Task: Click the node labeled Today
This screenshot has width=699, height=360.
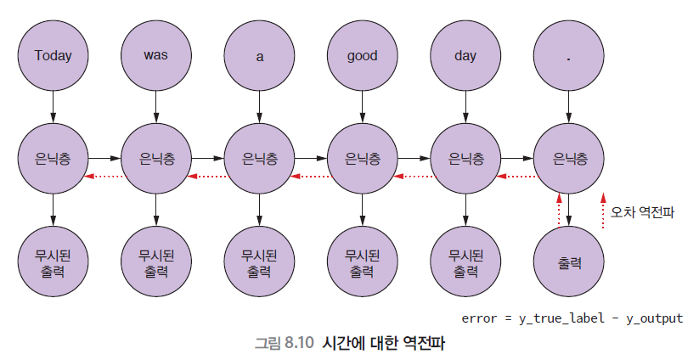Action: (54, 56)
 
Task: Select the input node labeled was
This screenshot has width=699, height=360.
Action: (156, 56)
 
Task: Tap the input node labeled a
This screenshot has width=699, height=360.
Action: (260, 56)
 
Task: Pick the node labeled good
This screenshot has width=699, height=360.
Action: (363, 56)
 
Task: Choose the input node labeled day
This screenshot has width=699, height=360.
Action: (465, 56)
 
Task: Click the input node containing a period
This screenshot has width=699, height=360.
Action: (569, 56)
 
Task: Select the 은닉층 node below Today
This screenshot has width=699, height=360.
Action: (54, 159)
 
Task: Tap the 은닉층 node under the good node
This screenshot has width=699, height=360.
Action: (363, 159)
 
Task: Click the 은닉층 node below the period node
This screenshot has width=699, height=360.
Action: (569, 159)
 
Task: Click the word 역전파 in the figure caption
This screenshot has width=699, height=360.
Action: (424, 343)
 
